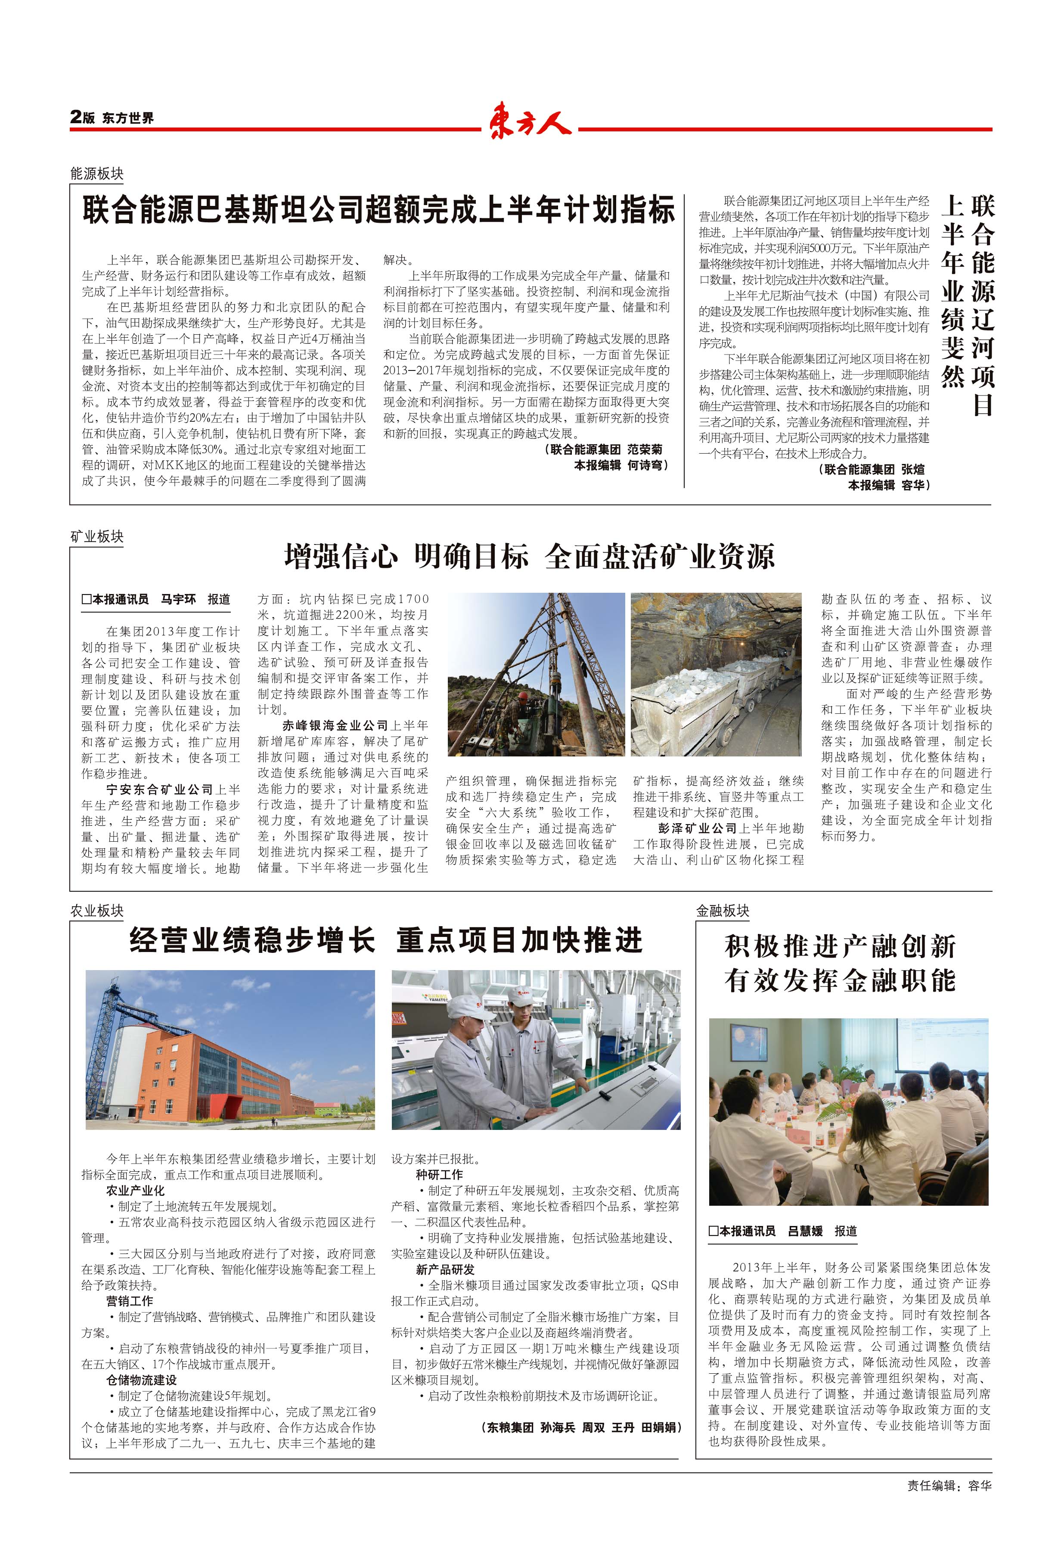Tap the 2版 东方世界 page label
[x=112, y=118]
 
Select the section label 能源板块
[x=97, y=174]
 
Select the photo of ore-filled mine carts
[x=716, y=673]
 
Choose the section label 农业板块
[x=97, y=911]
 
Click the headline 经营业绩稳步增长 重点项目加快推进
[x=386, y=940]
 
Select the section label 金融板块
[x=723, y=911]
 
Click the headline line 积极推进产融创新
[x=840, y=946]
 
